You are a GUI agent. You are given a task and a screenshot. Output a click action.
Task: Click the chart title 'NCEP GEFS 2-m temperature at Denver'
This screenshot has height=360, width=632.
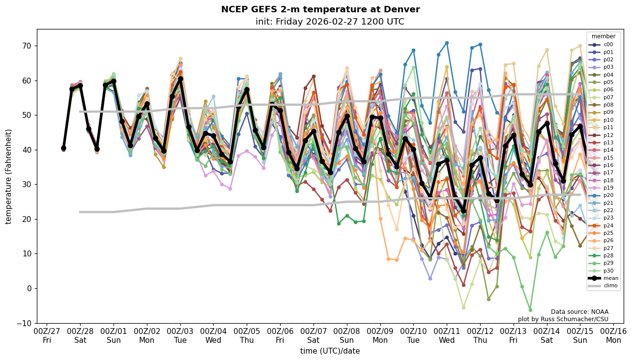(x=320, y=10)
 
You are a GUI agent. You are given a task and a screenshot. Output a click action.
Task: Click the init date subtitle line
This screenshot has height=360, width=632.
(x=330, y=22)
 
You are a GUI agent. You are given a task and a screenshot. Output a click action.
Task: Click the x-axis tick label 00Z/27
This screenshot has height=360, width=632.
(x=47, y=331)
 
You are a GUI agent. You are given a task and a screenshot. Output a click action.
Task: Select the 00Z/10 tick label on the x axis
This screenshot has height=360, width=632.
(x=413, y=331)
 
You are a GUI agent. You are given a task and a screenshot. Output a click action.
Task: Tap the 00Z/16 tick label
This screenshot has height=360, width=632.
(x=613, y=331)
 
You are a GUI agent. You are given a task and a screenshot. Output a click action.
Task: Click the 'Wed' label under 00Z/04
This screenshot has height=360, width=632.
(x=213, y=340)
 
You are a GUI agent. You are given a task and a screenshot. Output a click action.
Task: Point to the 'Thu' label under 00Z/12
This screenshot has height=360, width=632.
(x=480, y=340)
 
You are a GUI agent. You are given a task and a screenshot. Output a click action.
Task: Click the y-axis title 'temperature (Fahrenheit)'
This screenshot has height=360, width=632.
(x=8, y=176)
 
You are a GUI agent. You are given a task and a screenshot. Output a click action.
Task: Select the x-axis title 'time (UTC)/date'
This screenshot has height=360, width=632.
(x=330, y=351)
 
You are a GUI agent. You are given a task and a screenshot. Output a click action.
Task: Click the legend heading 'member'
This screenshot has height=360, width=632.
(x=603, y=36)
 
